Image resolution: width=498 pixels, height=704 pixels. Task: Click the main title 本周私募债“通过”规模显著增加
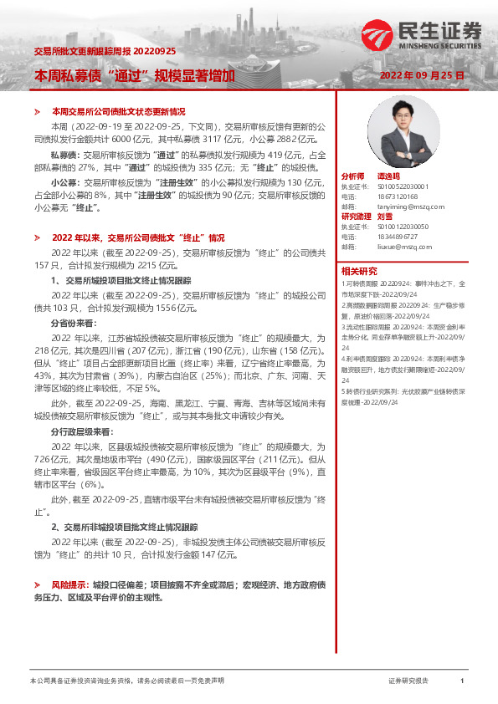134,75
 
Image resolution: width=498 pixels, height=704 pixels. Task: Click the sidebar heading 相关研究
358,271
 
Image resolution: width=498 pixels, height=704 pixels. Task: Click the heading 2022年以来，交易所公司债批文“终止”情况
138,237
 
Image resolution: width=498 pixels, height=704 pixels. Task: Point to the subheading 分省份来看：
74,322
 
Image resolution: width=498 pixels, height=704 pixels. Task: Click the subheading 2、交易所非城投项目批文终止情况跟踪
125,528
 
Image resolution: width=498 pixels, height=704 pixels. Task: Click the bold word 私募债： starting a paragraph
67,155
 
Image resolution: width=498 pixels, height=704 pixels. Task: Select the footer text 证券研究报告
408,681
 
